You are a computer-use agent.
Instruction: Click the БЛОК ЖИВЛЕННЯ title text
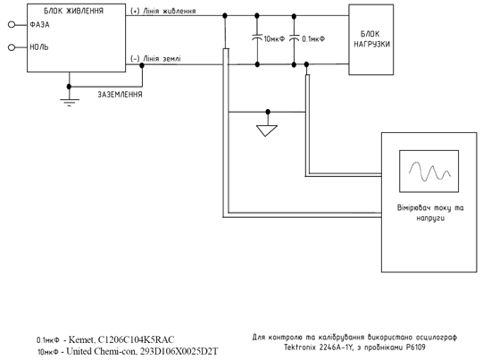tap(73, 11)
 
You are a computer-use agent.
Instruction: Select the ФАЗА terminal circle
tap(12, 24)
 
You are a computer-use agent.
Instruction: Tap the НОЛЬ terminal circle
tap(12, 47)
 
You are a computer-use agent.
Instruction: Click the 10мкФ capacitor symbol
tap(257, 38)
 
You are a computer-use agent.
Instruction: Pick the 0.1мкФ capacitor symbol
tap(294, 38)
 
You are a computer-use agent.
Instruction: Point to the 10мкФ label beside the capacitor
tap(274, 38)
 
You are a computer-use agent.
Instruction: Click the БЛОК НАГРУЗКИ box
tap(371, 39)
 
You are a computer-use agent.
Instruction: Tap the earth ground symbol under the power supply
tap(70, 103)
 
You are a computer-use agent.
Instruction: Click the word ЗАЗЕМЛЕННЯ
tap(120, 95)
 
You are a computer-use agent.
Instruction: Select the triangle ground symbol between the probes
tap(267, 130)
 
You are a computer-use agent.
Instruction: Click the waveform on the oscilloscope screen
tap(429, 172)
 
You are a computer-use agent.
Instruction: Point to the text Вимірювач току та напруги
tap(430, 213)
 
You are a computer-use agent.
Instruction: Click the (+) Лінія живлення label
tap(163, 11)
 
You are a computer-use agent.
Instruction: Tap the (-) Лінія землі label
tap(155, 59)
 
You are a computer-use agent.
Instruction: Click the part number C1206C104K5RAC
tap(137, 339)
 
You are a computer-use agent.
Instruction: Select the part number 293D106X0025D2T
tap(179, 352)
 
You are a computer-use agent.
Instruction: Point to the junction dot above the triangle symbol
tap(268, 112)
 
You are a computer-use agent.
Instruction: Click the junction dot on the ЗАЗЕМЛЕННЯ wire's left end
tap(70, 87)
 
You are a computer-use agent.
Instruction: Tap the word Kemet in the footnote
tap(80, 339)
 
